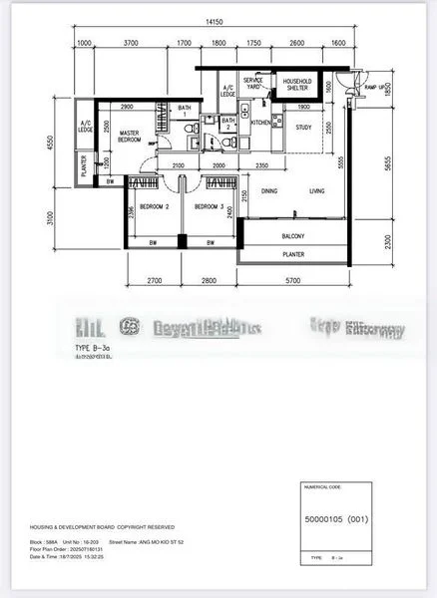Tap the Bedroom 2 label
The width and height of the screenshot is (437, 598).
tap(153, 206)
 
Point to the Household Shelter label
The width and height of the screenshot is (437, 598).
tap(297, 85)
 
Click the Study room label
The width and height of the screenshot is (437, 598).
tap(303, 127)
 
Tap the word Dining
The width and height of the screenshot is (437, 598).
tap(269, 190)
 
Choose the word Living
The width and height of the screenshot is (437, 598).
tap(316, 190)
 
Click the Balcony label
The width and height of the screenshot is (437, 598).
tap(292, 236)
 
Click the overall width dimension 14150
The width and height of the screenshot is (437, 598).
tap(214, 21)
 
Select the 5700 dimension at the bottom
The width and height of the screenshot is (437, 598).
tap(292, 282)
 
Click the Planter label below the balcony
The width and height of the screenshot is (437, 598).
tap(292, 255)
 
